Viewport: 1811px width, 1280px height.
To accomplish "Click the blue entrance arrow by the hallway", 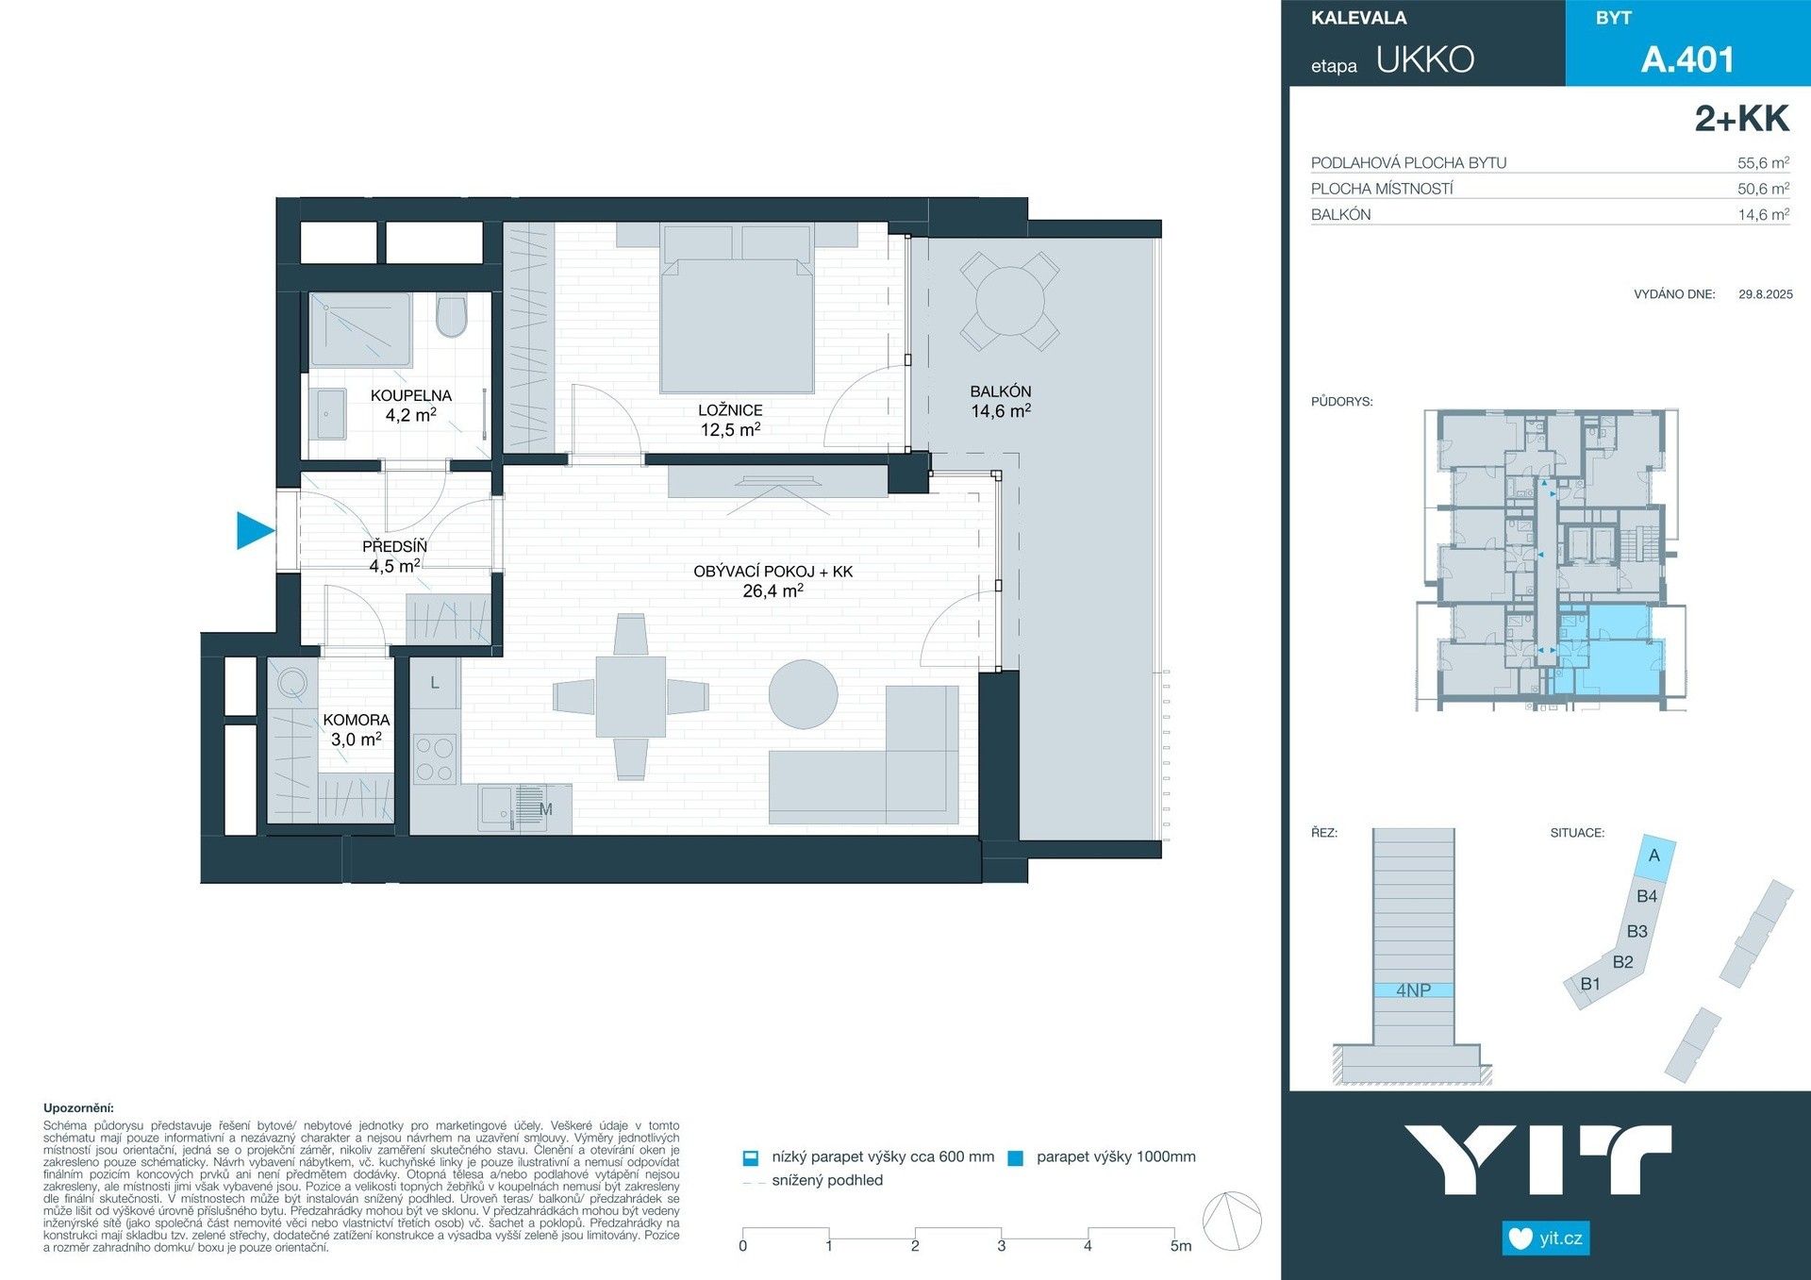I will click(253, 530).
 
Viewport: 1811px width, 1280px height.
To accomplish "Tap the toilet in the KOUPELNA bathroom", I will click(452, 317).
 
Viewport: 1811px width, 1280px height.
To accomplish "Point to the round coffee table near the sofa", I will click(803, 694).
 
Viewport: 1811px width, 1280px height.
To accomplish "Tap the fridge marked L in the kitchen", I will click(435, 683).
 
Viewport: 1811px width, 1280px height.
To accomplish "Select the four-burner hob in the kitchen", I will click(435, 760).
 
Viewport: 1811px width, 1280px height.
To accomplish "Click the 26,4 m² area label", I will click(773, 591).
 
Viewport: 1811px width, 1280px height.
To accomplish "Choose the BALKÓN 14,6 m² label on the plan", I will click(1001, 402).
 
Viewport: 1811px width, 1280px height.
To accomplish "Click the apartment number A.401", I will click(1686, 59).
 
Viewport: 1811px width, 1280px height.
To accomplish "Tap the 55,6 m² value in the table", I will click(1762, 163).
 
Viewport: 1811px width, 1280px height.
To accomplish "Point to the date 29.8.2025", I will click(1765, 294).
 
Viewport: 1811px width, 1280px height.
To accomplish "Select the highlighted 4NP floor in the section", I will click(1413, 990).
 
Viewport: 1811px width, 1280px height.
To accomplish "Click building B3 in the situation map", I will click(1637, 931).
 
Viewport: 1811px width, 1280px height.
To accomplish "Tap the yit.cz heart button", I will click(1545, 1238).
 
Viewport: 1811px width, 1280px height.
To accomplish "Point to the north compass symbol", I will click(1232, 1221).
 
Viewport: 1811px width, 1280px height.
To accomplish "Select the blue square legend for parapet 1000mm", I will click(1016, 1158).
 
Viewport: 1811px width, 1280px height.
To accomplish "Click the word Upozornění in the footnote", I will click(78, 1108).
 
